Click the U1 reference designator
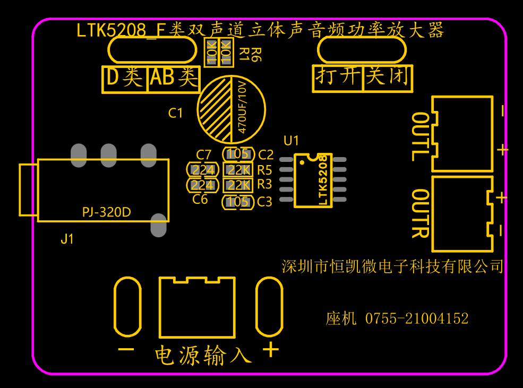coord(291,141)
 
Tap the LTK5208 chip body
coord(313,180)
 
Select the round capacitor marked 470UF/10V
coord(231,109)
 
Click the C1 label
coord(175,113)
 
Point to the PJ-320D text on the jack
coord(106,212)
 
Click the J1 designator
coord(67,239)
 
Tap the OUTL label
coord(421,136)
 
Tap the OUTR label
coord(421,214)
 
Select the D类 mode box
coord(125,79)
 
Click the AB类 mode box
coord(174,79)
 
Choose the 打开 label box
coord(338,79)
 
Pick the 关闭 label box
coord(388,79)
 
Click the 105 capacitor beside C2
coord(238,154)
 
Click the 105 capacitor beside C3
coord(238,202)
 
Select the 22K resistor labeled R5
coord(238,170)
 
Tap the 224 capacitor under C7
coord(202,170)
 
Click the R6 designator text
coord(256,55)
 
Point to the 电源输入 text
coord(203,355)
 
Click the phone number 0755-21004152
coord(417,318)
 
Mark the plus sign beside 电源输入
coord(271,350)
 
